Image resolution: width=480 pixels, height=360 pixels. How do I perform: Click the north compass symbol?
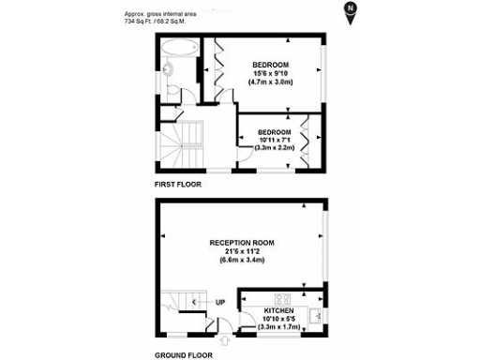[350, 10]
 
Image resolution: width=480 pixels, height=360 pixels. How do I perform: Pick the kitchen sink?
[315, 314]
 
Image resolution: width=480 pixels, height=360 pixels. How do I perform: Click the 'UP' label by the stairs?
[219, 301]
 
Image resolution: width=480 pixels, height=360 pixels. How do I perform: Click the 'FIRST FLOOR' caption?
[177, 184]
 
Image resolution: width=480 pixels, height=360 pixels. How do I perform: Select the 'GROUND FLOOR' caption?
[184, 355]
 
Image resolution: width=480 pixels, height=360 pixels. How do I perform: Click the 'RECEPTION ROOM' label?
[242, 242]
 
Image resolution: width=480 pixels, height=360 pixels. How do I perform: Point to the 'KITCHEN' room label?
[279, 310]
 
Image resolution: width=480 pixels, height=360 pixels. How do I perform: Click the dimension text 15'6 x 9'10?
[269, 73]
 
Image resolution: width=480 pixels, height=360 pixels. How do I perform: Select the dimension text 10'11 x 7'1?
[276, 140]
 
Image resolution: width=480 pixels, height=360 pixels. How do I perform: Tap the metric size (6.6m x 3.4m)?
[242, 260]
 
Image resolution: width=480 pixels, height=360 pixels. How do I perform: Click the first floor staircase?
[182, 142]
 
